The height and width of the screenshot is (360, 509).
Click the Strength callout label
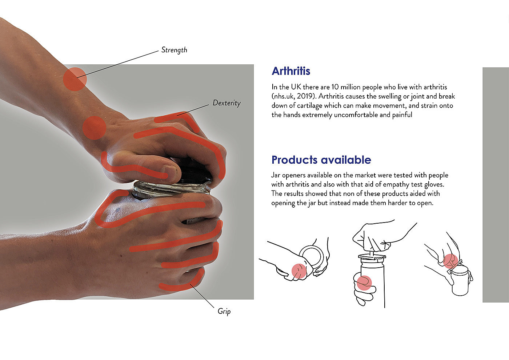(174, 50)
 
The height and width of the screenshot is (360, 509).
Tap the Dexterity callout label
(227, 103)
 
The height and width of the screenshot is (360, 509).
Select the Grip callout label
(224, 311)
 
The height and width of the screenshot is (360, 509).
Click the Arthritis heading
(291, 71)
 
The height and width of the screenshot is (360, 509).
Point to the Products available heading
(321, 160)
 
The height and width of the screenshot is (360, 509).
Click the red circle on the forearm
(75, 79)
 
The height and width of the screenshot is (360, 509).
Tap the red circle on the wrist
(94, 128)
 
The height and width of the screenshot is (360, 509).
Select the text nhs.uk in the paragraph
(284, 96)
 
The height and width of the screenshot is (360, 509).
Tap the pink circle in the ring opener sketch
(299, 271)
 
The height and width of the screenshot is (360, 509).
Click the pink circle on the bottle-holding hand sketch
(364, 283)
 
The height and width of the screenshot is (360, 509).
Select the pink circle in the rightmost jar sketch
(450, 261)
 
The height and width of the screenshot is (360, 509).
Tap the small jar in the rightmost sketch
(460, 281)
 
